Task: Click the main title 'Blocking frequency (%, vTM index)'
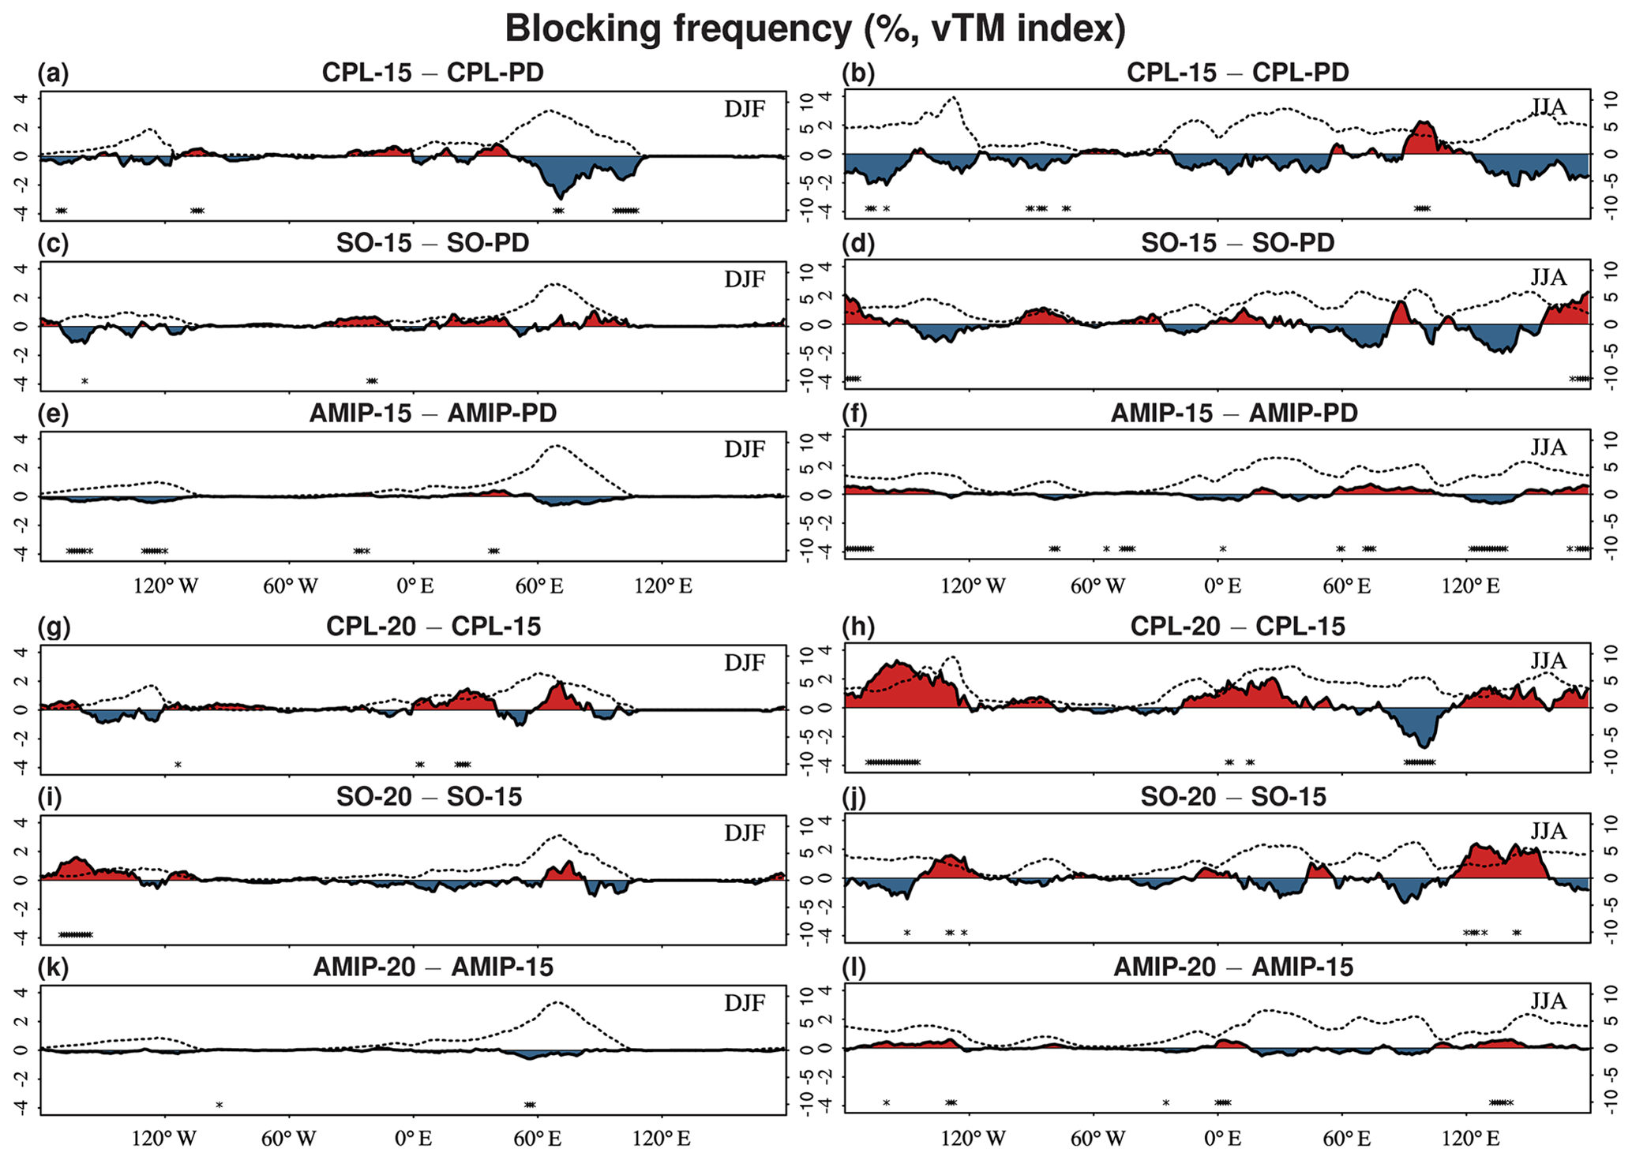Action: click(x=815, y=29)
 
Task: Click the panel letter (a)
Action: click(x=53, y=73)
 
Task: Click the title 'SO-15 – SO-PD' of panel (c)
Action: click(x=433, y=243)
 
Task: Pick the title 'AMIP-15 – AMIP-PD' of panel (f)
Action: click(x=1234, y=413)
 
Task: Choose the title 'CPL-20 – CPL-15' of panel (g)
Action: click(x=433, y=627)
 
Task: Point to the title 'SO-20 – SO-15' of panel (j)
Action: click(x=1233, y=797)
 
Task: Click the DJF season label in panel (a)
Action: click(x=745, y=109)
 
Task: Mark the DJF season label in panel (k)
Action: click(x=745, y=1003)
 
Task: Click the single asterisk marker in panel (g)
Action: click(x=178, y=765)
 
